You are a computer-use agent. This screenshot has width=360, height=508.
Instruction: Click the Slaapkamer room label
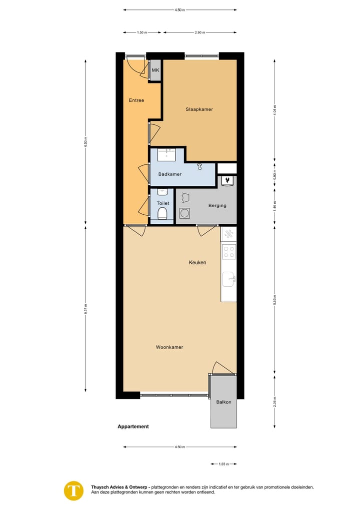pos(199,109)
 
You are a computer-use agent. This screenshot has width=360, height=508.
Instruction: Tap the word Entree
pos(136,100)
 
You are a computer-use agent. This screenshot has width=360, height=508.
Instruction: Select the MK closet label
pos(155,70)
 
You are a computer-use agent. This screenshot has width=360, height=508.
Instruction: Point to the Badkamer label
pos(169,174)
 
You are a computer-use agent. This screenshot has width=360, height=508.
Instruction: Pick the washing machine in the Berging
pos(185,213)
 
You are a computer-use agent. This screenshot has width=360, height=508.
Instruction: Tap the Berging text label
pos(217,205)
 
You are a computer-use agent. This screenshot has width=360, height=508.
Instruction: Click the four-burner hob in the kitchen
pos(229,252)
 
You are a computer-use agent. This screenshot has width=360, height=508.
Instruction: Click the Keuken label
pos(197,262)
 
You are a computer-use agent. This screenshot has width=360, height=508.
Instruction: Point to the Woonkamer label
pos(169,347)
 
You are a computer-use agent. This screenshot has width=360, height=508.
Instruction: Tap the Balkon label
pos(223,402)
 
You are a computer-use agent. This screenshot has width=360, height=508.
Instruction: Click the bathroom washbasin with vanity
pos(166,154)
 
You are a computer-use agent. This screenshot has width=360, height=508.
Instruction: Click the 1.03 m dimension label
pos(223,465)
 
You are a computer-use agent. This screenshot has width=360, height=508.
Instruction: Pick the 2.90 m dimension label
pos(199,32)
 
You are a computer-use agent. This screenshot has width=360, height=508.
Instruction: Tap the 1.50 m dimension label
pos(142,32)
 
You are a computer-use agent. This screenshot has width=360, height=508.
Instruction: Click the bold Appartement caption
pos(133,427)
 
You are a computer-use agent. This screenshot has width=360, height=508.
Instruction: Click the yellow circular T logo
pos(74,490)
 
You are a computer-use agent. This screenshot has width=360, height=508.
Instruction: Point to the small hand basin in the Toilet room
pos(161,192)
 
